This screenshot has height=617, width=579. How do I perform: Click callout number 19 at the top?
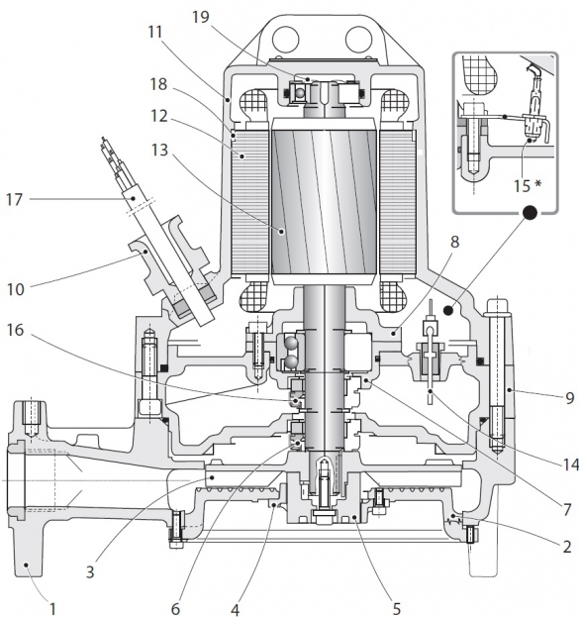(201, 17)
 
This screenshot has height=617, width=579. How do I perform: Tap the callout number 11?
(155, 33)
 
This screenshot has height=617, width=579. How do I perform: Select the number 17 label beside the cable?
(15, 199)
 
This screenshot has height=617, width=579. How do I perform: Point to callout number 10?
(16, 289)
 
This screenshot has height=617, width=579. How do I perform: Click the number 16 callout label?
(15, 330)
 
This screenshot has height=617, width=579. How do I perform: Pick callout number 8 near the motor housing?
(454, 242)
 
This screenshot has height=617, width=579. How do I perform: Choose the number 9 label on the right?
(569, 398)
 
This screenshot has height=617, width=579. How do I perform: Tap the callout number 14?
(571, 464)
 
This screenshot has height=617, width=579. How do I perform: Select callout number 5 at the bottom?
(397, 608)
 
